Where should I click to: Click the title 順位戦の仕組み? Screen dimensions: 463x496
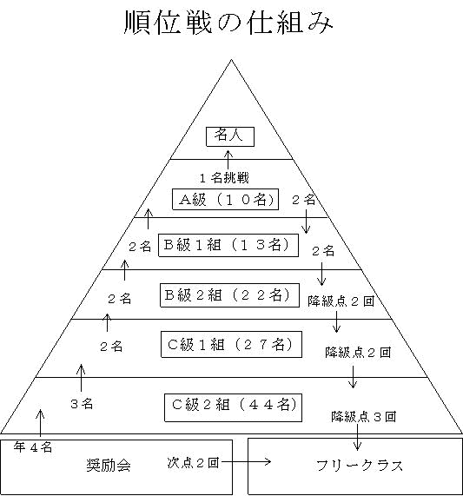coord(228,23)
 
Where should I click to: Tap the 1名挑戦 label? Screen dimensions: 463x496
coord(224,178)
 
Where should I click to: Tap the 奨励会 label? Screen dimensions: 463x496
coord(109,466)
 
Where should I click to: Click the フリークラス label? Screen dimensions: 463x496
coord(360,466)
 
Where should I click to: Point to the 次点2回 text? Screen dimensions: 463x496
coord(193,463)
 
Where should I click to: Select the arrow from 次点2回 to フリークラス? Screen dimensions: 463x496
coord(246,462)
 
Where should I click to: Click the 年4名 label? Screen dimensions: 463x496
coord(33,447)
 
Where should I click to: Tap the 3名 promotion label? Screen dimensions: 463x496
coord(82,404)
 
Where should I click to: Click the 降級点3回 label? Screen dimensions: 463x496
coord(363,417)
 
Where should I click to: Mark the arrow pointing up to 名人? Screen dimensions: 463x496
coord(228,160)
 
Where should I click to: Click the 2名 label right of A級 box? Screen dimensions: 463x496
coord(304,200)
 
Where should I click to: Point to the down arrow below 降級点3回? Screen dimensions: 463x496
coord(357,437)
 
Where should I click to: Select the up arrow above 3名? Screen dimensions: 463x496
coord(82,378)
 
